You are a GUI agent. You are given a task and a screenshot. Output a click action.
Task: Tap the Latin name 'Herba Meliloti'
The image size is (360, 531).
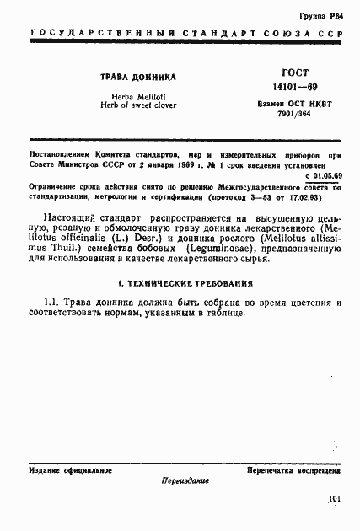pos(129,97)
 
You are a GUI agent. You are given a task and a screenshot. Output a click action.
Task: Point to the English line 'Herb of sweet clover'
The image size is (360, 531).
pos(129,106)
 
